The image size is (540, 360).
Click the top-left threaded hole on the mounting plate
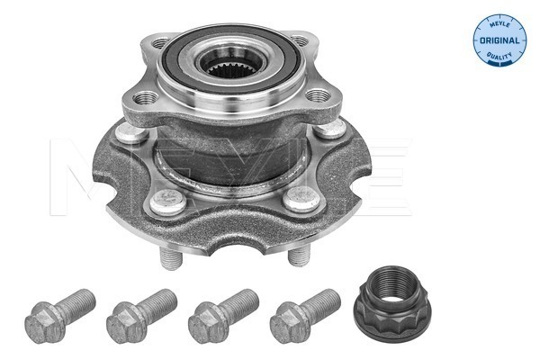click(x=154, y=43)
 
